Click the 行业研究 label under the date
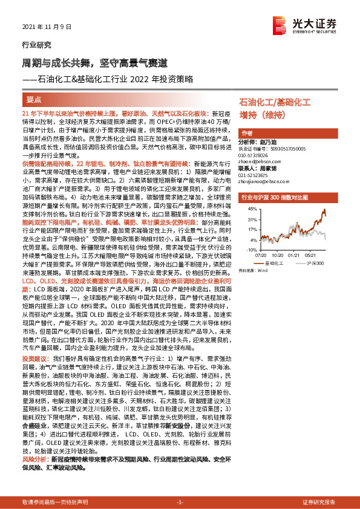tap(32, 45)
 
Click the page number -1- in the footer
tap(180, 502)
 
